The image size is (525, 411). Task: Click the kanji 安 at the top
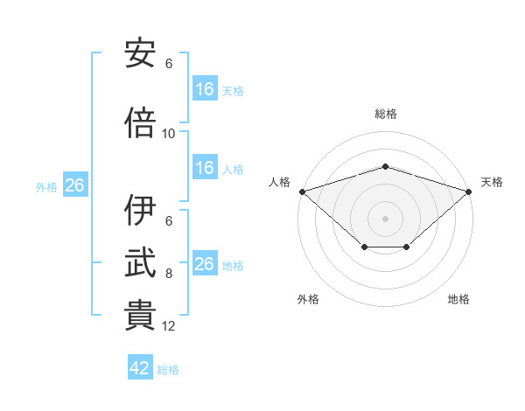(140, 52)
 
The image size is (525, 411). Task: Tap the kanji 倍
(140, 122)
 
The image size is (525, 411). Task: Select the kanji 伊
(140, 210)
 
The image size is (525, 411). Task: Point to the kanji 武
(140, 262)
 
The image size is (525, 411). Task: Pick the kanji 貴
(140, 315)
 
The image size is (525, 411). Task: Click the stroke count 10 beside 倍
(168, 134)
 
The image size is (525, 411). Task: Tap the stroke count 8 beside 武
(169, 274)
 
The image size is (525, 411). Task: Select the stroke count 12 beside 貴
(168, 326)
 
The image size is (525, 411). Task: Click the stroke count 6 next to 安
(169, 64)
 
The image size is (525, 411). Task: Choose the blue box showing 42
(140, 366)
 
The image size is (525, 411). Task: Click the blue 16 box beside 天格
(206, 88)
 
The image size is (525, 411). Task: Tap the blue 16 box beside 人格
(206, 167)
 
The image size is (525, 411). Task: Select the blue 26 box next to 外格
(75, 185)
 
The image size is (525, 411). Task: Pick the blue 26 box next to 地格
(206, 262)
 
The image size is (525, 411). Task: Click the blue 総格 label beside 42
(168, 370)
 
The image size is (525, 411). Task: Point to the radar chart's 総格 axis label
(386, 114)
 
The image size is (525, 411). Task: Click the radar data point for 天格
(469, 192)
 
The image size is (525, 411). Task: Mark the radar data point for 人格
(303, 192)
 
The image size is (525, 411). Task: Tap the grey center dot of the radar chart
(385, 219)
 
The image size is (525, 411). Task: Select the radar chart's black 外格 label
(308, 299)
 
